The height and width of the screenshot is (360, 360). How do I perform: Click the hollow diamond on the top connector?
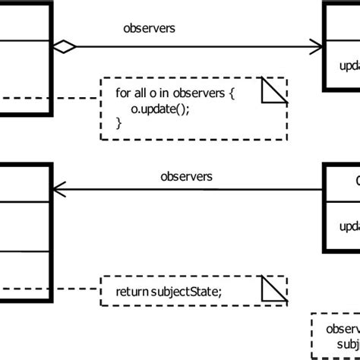pyautogui.click(x=65, y=48)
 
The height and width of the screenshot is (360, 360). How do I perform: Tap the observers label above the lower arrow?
pyautogui.click(x=186, y=176)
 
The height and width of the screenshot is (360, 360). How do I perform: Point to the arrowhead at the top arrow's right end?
pyautogui.click(x=317, y=48)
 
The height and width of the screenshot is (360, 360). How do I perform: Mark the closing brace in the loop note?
pyautogui.click(x=118, y=122)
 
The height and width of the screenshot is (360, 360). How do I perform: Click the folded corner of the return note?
pyautogui.click(x=274, y=289)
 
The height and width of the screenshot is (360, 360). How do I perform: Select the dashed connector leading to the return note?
pyautogui.click(x=76, y=289)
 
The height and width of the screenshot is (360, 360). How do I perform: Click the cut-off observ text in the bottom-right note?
pyautogui.click(x=343, y=329)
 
